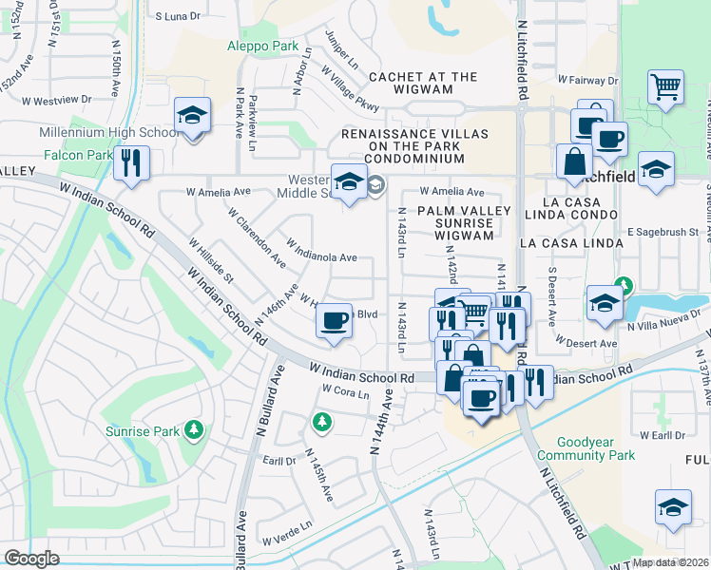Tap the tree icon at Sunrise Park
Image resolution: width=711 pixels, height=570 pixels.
point(194,430)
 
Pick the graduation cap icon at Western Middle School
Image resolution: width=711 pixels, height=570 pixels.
point(349,180)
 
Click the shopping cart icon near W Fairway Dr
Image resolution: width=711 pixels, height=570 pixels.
point(666,86)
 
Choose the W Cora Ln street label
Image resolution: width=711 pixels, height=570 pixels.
point(344,389)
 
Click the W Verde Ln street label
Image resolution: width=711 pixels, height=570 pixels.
point(294,528)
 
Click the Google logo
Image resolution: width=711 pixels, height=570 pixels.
point(31,559)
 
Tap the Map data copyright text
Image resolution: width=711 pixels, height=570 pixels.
point(670,562)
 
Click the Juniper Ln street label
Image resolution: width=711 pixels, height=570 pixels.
point(341,52)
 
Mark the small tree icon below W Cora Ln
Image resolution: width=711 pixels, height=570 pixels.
point(322,420)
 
